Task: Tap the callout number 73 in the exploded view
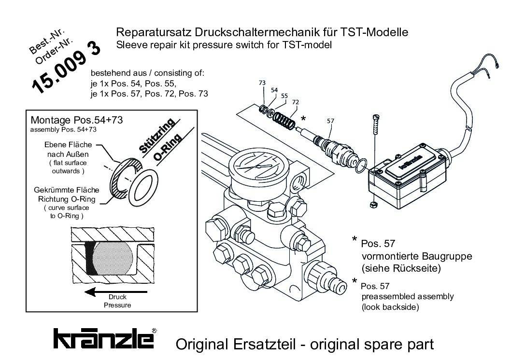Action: (262, 83)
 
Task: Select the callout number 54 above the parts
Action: (274, 90)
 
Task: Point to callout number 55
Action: (284, 96)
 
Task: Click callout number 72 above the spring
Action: (296, 102)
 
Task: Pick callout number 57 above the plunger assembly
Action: (330, 121)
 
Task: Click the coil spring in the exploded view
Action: (284, 121)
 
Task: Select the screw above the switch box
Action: (376, 124)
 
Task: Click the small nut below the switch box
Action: (374, 205)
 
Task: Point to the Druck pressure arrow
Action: (116, 291)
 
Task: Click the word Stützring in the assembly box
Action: (157, 136)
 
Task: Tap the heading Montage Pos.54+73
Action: (77, 120)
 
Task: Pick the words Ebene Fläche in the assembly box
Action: (68, 144)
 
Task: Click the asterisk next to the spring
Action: (303, 119)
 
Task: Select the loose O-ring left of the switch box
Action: (360, 166)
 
